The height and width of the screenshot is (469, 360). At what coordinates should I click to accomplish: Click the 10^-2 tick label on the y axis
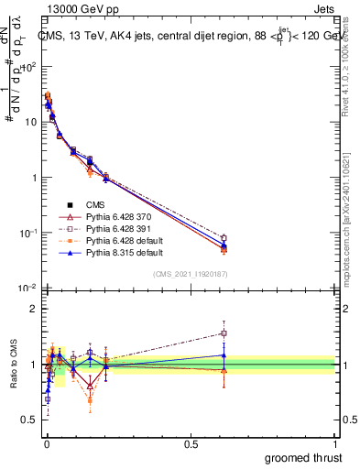[x=26, y=289]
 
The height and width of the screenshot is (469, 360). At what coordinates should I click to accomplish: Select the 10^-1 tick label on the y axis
[x=26, y=234]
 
